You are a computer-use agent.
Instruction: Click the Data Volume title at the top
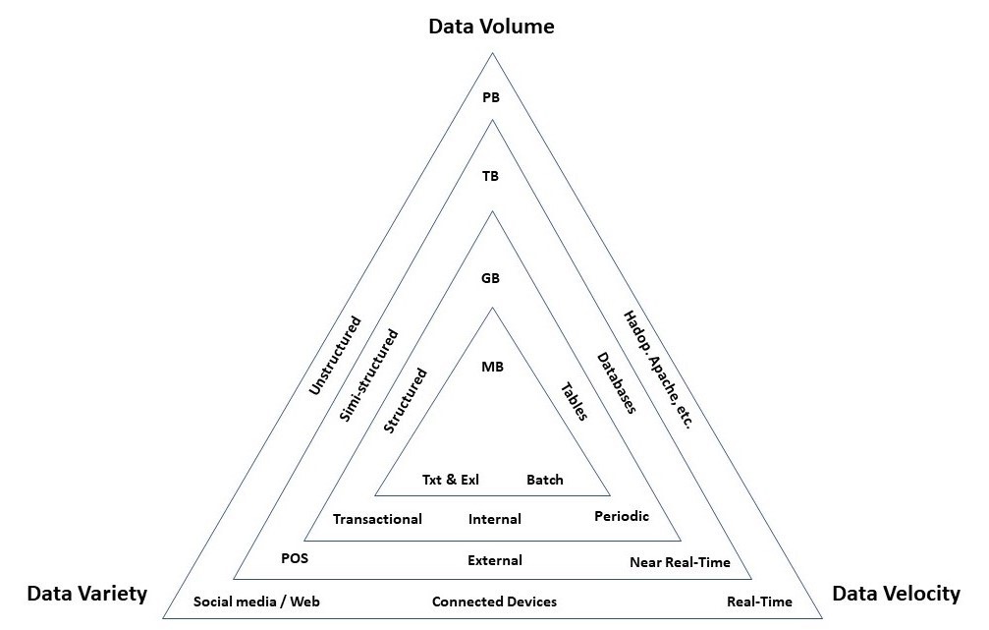(491, 26)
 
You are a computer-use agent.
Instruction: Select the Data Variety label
(86, 593)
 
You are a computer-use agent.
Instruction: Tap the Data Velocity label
(896, 593)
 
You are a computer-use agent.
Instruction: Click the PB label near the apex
(491, 97)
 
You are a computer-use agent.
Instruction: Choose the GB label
(491, 278)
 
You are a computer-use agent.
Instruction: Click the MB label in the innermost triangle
(492, 367)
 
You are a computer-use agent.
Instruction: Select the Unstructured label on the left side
(335, 356)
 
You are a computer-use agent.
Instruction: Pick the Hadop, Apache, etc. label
(658, 370)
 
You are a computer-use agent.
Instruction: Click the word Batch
(545, 480)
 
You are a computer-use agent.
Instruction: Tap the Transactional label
(377, 519)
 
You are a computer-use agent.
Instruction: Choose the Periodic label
(622, 516)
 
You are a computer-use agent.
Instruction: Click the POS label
(295, 557)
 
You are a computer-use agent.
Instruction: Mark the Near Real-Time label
(680, 563)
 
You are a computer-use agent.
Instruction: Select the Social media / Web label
(257, 601)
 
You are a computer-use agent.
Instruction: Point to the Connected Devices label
(494, 601)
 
